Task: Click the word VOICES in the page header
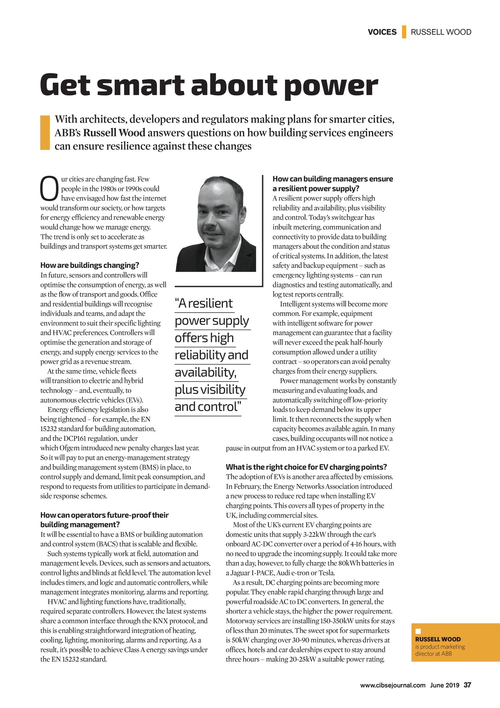[x=382, y=32]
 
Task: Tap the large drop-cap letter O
[x=49, y=188]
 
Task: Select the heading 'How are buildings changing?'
[x=90, y=265]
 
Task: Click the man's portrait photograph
[x=216, y=225]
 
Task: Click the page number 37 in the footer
[x=467, y=685]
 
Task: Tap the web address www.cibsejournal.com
[x=393, y=685]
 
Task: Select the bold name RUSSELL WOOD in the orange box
[x=437, y=639]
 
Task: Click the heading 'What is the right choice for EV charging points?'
[x=306, y=467]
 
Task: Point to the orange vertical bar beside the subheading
[x=45, y=133]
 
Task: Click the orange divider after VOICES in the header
[x=404, y=32]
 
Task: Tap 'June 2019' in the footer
[x=444, y=685]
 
